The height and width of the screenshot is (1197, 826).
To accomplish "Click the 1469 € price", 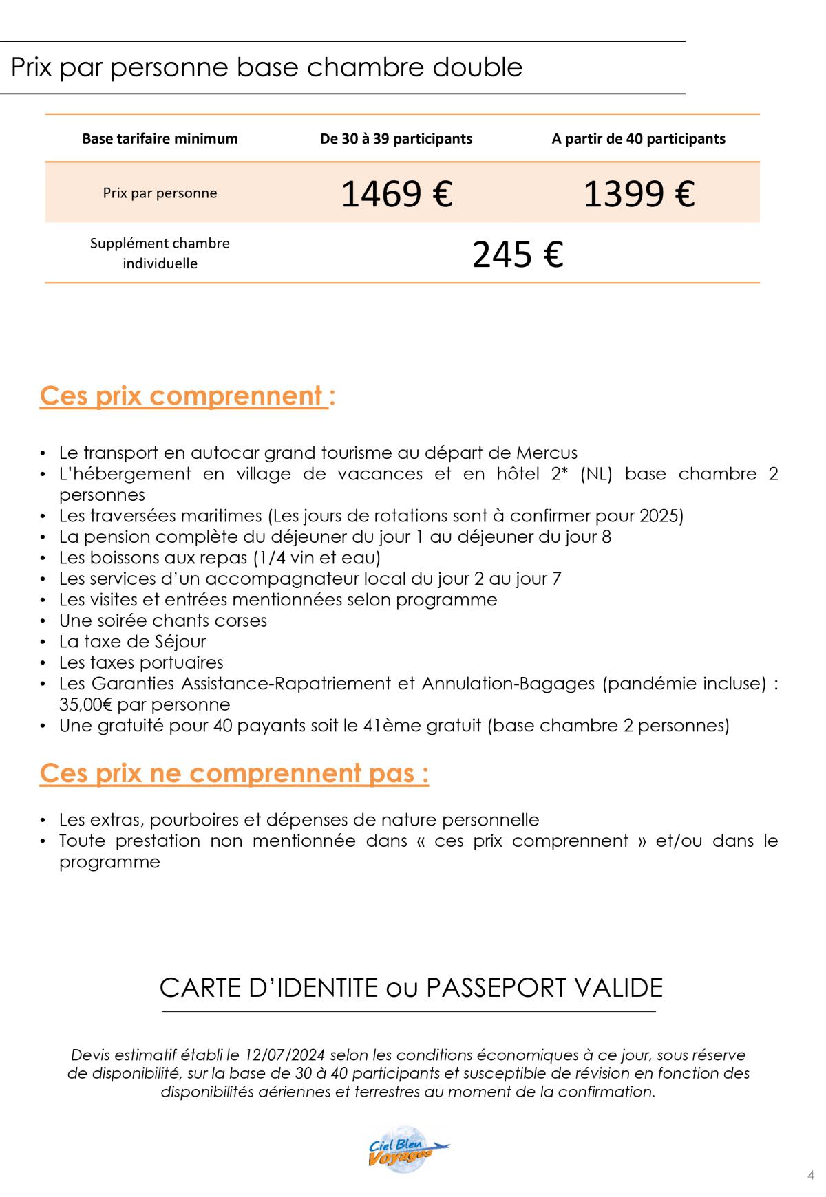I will [x=396, y=193].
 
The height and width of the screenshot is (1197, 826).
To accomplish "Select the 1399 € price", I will [x=639, y=193].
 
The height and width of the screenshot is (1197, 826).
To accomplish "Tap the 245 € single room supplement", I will [x=518, y=254].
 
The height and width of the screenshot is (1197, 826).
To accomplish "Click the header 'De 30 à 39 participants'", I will [x=396, y=139].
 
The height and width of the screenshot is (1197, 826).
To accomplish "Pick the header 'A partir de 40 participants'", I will [x=638, y=139].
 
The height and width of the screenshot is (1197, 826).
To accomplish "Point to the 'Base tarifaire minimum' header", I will [x=160, y=139].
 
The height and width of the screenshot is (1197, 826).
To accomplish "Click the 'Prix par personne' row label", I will [x=160, y=193].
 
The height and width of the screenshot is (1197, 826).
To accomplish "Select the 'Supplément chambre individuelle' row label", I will [x=160, y=253].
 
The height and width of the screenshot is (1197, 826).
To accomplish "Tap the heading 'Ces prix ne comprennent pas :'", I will [x=234, y=773].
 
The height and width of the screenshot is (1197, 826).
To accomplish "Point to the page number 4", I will [x=810, y=1174].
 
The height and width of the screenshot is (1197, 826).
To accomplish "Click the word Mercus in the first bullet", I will [x=547, y=453].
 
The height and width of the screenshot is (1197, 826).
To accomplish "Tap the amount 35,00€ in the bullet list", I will [x=87, y=705].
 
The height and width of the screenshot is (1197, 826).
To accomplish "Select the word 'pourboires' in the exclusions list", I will [x=200, y=820].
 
